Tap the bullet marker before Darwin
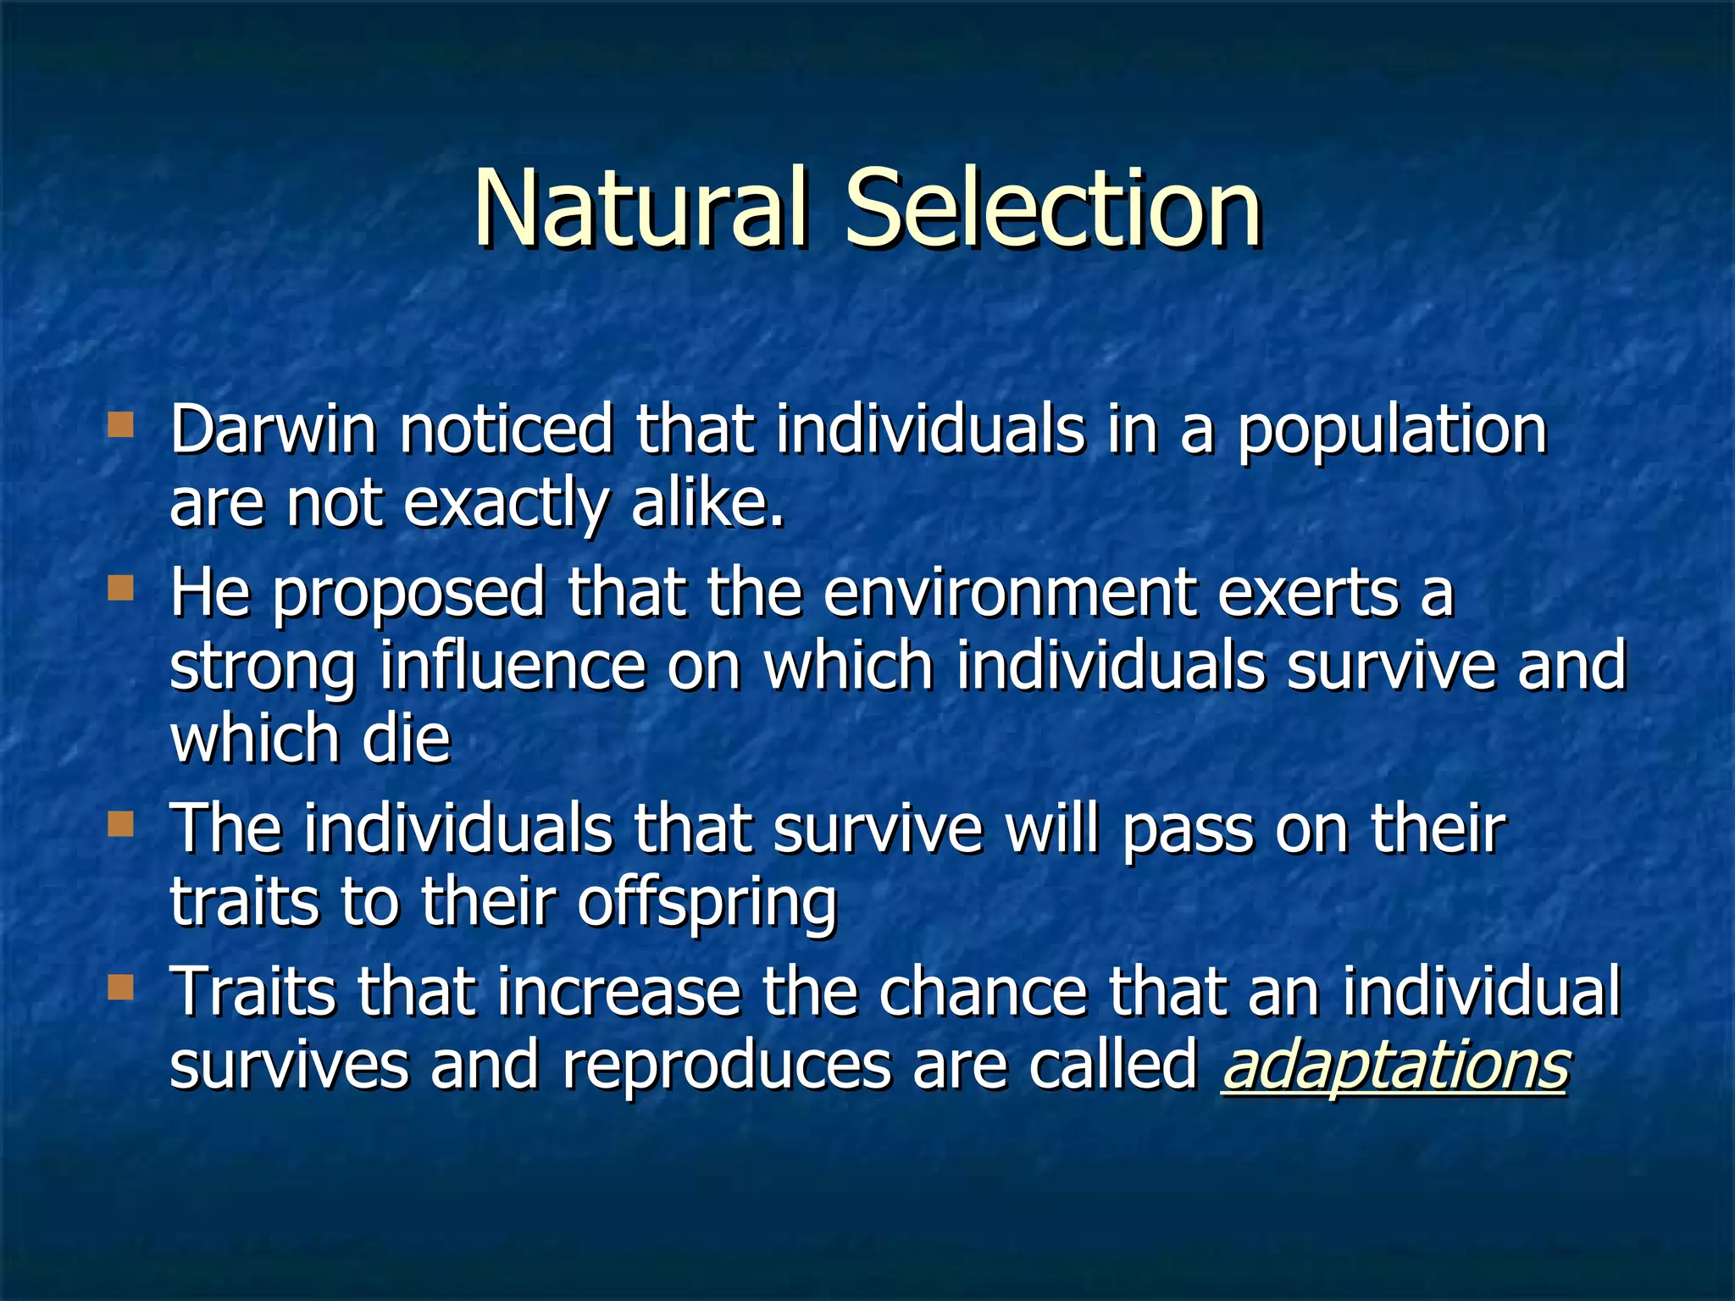tap(121, 424)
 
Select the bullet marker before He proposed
tap(121, 588)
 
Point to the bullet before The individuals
tap(121, 823)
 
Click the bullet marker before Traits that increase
tap(121, 987)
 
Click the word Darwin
tap(273, 429)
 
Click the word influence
tap(512, 667)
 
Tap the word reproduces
tap(726, 1066)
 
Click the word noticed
tap(506, 429)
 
